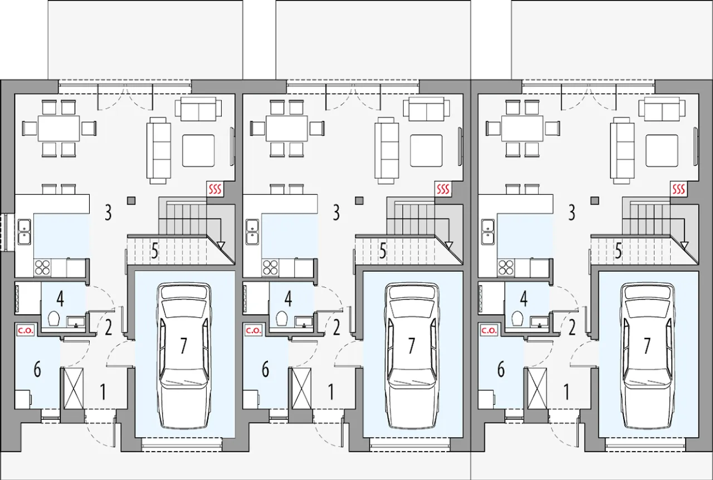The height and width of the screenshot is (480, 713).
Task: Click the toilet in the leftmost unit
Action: [x=54, y=319]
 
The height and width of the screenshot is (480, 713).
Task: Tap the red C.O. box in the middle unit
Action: [x=253, y=330]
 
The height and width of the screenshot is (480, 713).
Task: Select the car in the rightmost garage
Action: [x=647, y=355]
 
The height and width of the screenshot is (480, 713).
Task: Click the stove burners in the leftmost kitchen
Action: [x=43, y=267]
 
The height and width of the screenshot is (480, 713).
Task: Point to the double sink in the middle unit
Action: [x=253, y=232]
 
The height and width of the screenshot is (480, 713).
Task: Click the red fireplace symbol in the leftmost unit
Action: [x=215, y=189]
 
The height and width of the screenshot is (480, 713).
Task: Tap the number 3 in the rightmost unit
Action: [x=572, y=213]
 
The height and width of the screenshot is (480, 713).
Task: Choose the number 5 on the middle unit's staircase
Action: [x=383, y=251]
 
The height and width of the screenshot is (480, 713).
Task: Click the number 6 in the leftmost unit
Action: [x=37, y=370]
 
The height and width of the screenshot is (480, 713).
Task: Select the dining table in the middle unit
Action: [x=287, y=129]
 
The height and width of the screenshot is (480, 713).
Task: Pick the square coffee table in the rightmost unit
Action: [x=662, y=150]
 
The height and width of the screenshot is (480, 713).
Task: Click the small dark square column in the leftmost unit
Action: [x=131, y=200]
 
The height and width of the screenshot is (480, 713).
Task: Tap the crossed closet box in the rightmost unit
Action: [x=537, y=388]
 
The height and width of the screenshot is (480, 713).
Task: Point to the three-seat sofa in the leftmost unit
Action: [x=159, y=150]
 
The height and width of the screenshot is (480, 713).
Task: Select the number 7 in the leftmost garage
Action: [x=183, y=346]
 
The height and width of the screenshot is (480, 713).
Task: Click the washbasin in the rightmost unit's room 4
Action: [x=540, y=321]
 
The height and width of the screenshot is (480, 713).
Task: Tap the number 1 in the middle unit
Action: [x=331, y=392]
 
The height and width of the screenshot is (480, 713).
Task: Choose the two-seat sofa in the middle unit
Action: [x=427, y=109]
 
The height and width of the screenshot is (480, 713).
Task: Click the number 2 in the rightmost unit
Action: [x=572, y=328]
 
